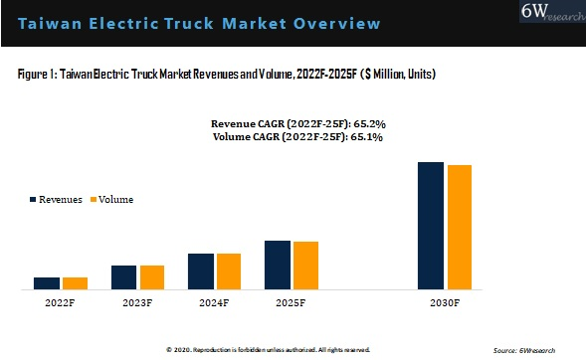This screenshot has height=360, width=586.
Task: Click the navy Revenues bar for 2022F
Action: (46, 283)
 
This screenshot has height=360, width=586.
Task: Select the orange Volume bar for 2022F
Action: (75, 283)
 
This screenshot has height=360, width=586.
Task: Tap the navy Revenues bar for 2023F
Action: (124, 277)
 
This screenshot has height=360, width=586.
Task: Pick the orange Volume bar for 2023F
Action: (152, 277)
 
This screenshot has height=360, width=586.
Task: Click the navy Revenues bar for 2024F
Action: (201, 271)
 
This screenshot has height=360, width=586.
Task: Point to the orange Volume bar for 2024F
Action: (229, 271)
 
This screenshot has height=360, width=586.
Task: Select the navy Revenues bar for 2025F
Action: (278, 265)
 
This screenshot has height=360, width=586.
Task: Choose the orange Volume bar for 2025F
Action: (305, 266)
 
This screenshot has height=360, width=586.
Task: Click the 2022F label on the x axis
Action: (61, 302)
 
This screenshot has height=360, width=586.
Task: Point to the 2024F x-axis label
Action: (215, 302)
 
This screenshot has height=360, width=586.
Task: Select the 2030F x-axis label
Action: (445, 302)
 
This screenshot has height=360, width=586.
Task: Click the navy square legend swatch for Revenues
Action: (32, 199)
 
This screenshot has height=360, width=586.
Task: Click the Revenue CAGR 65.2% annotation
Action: (299, 123)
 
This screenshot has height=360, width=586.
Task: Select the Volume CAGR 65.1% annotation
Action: (299, 136)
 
